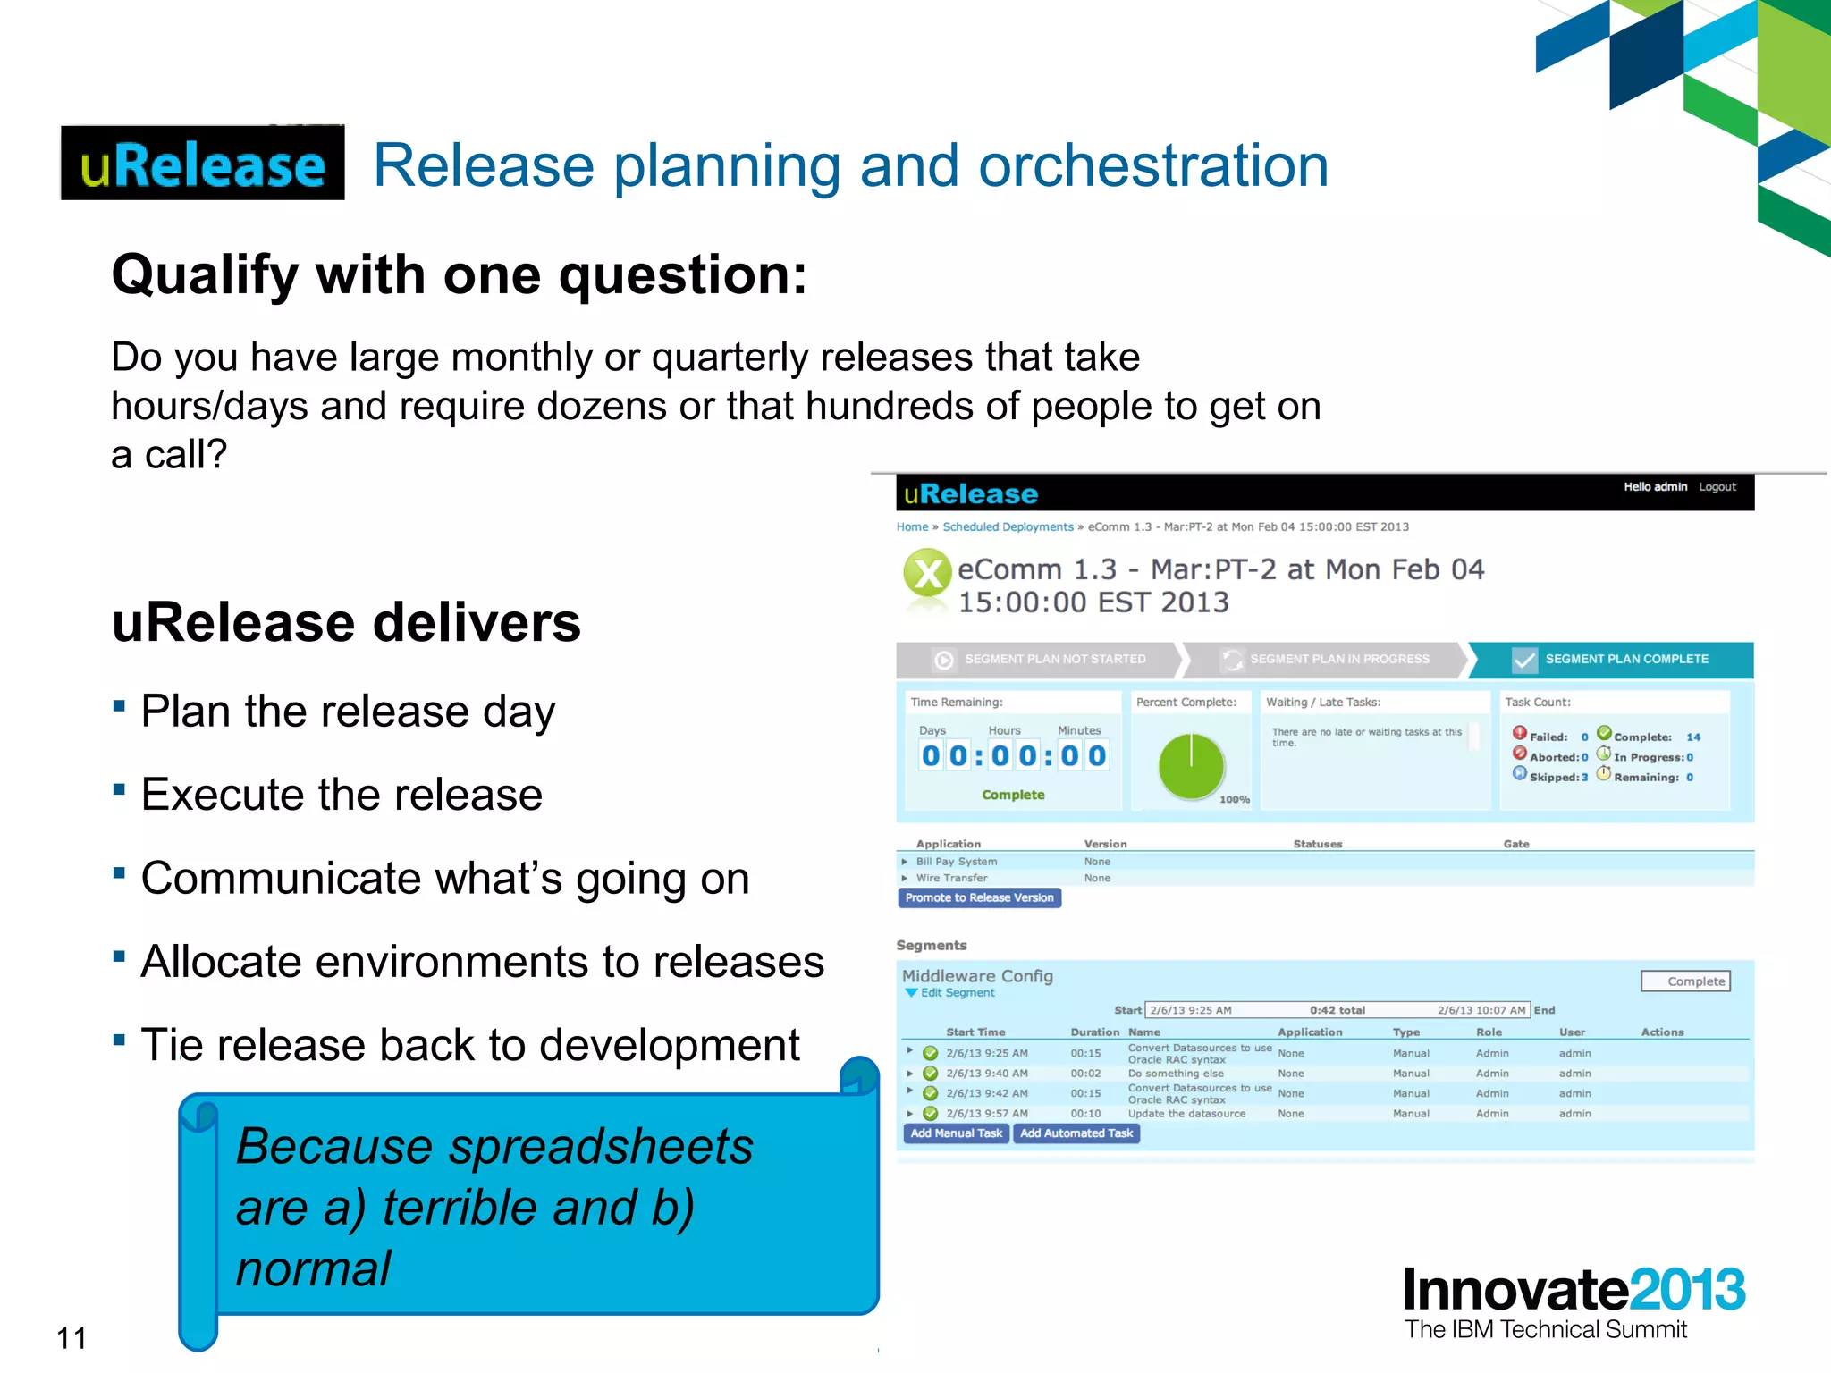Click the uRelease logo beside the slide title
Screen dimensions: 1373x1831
pos(202,164)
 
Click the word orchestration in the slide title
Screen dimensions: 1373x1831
pos(1153,166)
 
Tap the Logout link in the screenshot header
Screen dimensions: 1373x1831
pos(1717,487)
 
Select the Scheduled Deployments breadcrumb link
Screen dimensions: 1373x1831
pos(1008,527)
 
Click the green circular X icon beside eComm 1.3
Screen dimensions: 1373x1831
pos(927,574)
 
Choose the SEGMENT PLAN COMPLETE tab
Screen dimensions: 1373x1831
pos(1625,660)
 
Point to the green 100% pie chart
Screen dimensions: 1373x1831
pos(1191,766)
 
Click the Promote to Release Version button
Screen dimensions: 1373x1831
pos(979,898)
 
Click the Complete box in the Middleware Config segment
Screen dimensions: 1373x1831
pos(1685,981)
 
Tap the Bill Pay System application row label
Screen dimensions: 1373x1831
pos(956,862)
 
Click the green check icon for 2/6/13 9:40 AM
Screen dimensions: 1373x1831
pos(930,1074)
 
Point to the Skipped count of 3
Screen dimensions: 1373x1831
pos(1584,778)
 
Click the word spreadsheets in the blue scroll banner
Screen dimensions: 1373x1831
pos(601,1147)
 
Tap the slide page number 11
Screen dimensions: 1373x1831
pos(72,1338)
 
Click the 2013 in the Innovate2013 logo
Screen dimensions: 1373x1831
pos(1686,1291)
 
